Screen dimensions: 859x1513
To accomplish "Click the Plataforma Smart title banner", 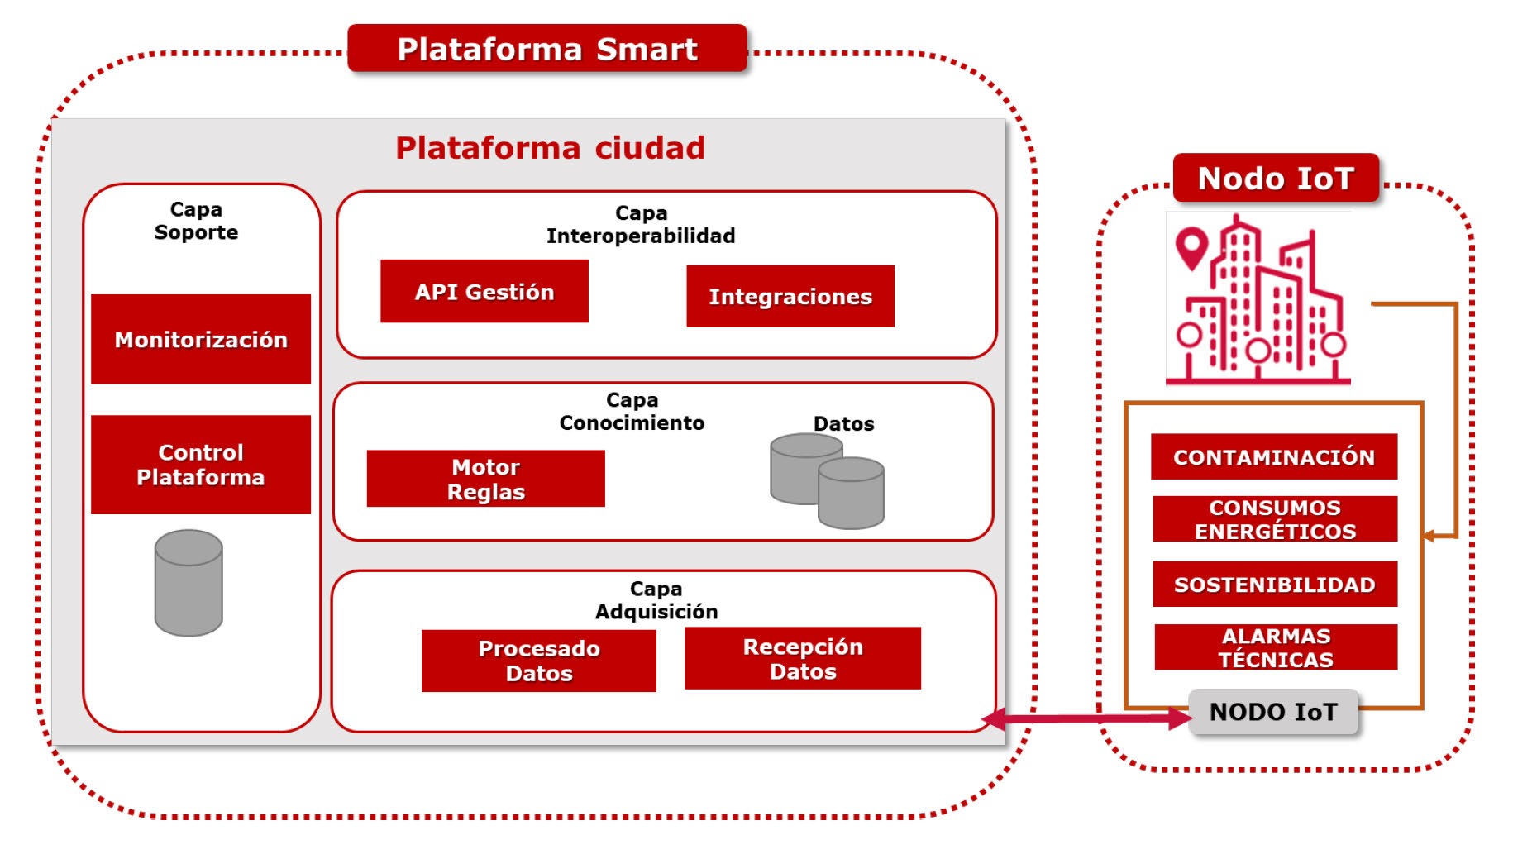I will click(x=546, y=49).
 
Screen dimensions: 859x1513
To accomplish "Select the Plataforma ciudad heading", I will click(x=550, y=148).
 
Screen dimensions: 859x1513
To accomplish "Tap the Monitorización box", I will click(x=201, y=339).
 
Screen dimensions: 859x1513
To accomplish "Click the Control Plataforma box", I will click(x=201, y=465).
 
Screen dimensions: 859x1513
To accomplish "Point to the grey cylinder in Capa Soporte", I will click(x=189, y=584).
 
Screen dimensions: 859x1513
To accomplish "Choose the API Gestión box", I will click(x=484, y=292).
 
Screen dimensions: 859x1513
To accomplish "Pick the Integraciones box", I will click(x=790, y=297).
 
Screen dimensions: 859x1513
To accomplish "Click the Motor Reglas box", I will click(x=486, y=479).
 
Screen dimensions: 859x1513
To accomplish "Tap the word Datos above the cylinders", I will click(x=843, y=424).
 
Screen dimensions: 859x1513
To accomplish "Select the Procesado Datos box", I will click(x=539, y=661).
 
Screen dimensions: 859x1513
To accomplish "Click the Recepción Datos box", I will click(x=803, y=659).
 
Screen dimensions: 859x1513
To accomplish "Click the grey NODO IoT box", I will click(x=1273, y=712).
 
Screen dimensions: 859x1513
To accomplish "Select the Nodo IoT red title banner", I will click(x=1276, y=179).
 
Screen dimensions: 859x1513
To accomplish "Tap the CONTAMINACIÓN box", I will click(x=1274, y=457).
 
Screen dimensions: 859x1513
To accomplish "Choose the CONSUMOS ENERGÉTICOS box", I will click(x=1275, y=519).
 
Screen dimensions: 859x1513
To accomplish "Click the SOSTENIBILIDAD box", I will click(x=1275, y=585).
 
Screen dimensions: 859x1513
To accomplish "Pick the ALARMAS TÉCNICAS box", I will click(x=1276, y=647).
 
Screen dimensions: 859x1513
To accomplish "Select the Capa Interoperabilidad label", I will click(x=641, y=225).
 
